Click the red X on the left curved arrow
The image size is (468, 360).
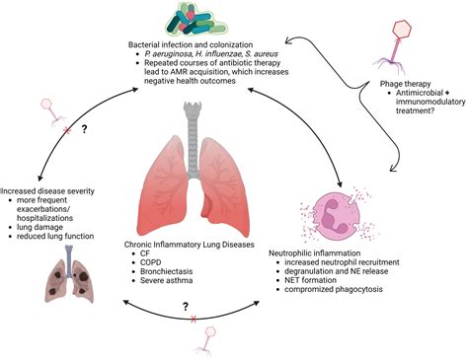[39, 130]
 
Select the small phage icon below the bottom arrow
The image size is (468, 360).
[209, 340]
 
